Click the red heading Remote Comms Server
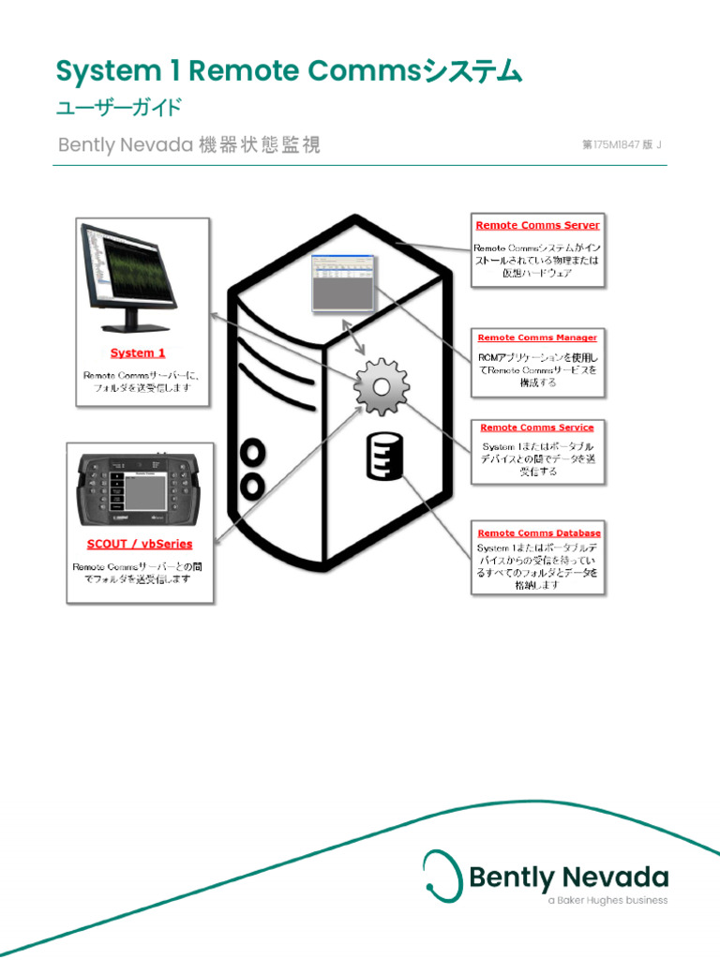(x=537, y=225)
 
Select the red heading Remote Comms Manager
(x=537, y=337)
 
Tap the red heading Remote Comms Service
(x=537, y=427)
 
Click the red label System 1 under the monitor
(x=138, y=353)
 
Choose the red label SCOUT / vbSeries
(x=140, y=544)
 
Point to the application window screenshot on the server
(x=342, y=282)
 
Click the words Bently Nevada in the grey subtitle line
(x=125, y=145)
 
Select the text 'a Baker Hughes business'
(x=607, y=901)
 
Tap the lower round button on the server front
(x=252, y=486)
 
